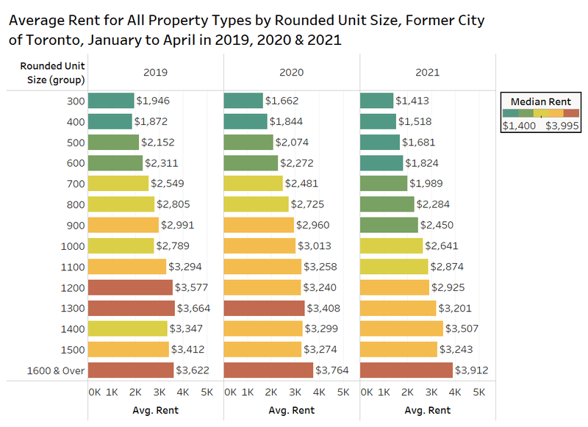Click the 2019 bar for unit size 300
(x=111, y=101)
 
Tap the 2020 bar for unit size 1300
(x=264, y=308)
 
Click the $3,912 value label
(x=472, y=370)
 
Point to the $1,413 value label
(x=412, y=101)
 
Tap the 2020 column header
(x=291, y=73)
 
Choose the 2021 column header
(x=427, y=73)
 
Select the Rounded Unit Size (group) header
(x=51, y=73)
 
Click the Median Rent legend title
(x=540, y=100)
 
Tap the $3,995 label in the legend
(x=562, y=126)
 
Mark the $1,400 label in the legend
(x=519, y=126)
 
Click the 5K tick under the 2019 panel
(x=207, y=392)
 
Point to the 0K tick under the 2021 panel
(x=366, y=392)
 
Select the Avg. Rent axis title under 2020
(x=291, y=410)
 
